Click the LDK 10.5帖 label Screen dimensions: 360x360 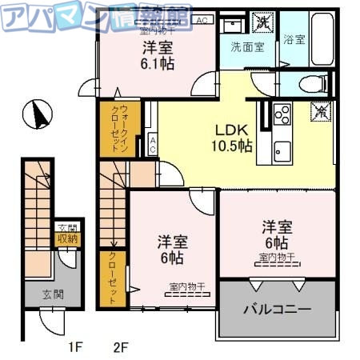pos(232,137)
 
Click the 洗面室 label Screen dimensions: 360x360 pos(247,47)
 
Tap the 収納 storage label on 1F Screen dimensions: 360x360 pos(66,238)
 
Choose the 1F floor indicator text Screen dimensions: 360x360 pos(75,347)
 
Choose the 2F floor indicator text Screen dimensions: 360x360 pos(122,347)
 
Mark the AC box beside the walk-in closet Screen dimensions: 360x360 pos(153,145)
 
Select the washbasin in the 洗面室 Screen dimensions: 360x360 pos(232,23)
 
